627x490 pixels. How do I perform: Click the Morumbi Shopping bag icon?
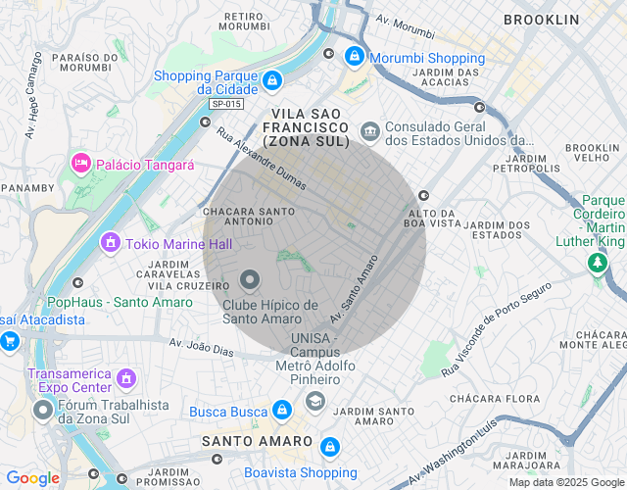[354, 59]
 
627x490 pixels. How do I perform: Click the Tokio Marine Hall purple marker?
[111, 240]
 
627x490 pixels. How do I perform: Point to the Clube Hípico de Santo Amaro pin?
[250, 281]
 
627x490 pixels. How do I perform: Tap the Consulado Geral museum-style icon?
[369, 129]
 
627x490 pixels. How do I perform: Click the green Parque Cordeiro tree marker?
[597, 263]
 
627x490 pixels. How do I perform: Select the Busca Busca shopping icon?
[282, 409]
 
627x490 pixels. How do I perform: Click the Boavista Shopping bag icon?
[330, 446]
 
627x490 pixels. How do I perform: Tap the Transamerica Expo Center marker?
[125, 377]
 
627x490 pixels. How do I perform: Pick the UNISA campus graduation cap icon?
[314, 401]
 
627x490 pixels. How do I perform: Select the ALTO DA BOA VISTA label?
[433, 218]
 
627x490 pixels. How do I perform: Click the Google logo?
[32, 478]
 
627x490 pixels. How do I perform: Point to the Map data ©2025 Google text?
[565, 482]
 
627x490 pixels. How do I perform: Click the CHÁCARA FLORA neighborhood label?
[495, 399]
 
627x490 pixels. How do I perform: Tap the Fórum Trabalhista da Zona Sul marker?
[41, 410]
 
